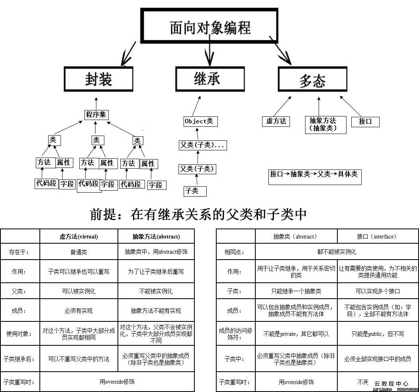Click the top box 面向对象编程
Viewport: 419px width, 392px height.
(210, 26)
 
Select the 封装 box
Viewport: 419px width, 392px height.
(98, 79)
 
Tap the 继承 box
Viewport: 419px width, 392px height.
(209, 79)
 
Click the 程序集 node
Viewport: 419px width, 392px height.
(96, 115)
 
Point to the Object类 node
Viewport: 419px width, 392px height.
(201, 121)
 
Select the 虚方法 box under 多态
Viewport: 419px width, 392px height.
(276, 121)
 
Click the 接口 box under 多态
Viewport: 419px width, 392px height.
(365, 122)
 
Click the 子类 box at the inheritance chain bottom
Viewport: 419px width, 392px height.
(195, 191)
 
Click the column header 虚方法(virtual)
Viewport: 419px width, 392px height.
(79, 236)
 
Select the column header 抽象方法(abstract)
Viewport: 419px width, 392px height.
(156, 236)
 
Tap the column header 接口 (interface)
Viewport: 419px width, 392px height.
(377, 236)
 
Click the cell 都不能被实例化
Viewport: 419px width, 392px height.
(337, 252)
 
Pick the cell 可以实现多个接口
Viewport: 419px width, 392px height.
(377, 291)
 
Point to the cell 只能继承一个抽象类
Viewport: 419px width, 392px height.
(296, 291)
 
